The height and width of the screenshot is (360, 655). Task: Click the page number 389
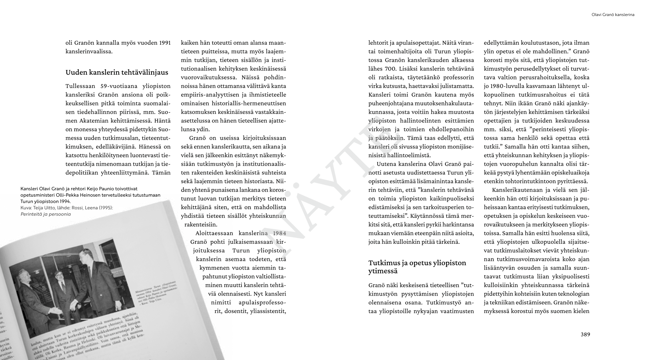585,334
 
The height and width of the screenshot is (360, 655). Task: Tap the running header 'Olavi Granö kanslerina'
613,15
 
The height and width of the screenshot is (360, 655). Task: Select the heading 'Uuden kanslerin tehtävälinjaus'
117,72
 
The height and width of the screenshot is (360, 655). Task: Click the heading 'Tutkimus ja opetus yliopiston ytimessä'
417,267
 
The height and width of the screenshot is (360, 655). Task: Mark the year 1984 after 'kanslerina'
279,234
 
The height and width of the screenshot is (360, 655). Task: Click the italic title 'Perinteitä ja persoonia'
46,214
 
